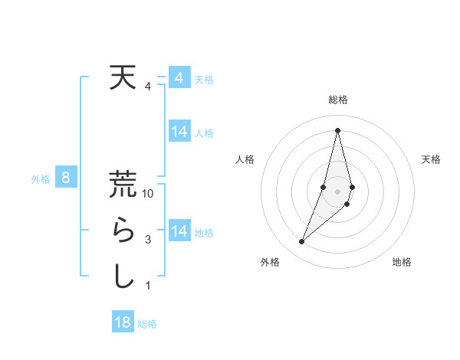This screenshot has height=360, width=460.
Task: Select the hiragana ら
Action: tap(123, 231)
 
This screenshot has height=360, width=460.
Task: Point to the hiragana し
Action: tap(123, 277)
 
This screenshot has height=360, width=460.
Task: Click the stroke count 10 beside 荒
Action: tap(149, 194)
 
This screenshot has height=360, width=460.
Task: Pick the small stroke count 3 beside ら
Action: tap(148, 240)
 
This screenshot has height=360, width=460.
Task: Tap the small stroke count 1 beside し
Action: tap(148, 286)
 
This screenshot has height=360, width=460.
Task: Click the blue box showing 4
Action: tap(179, 78)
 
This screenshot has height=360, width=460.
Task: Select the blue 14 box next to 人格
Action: tap(179, 132)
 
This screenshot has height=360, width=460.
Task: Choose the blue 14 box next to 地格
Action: tap(179, 231)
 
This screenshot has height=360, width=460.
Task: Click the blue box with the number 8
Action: tap(66, 178)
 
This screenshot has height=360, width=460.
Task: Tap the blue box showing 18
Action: tap(122, 322)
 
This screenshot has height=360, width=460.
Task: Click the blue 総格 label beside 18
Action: tap(148, 324)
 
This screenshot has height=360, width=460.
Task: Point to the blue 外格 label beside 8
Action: tap(41, 179)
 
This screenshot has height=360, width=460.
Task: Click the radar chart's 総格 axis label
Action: tap(337, 100)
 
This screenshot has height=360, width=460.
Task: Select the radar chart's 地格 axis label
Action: tap(402, 262)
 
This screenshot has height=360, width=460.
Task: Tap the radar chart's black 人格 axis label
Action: tap(245, 159)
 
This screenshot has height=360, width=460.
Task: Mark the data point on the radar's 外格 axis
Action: tap(301, 242)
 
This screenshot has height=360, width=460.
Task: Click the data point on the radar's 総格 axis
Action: tap(337, 129)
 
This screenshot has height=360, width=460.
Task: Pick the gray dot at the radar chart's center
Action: tap(337, 191)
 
